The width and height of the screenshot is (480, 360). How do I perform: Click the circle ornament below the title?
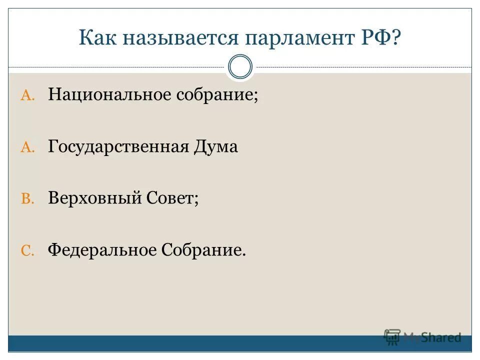coord(240,67)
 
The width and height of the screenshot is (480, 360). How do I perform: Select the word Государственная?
coord(118,146)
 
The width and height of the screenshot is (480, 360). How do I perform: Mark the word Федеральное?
coord(102,249)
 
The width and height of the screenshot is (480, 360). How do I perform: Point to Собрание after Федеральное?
coord(203,249)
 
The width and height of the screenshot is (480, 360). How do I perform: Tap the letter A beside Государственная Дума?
coord(27,147)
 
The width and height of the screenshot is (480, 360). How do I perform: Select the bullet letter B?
coord(27,199)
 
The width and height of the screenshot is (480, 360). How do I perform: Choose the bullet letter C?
coord(27,250)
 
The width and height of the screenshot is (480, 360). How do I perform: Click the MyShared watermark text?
coord(432,337)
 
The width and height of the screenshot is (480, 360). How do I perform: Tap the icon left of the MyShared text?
coord(392,336)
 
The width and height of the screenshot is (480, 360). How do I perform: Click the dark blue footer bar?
coord(200,343)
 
